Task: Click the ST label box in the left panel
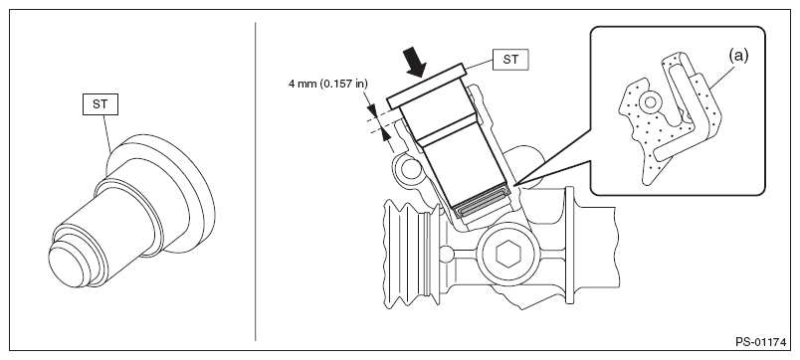100,104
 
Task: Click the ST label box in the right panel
510,59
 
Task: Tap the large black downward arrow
415,62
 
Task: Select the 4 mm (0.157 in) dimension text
327,84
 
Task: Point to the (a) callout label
738,56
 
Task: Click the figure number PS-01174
760,342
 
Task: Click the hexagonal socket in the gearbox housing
507,254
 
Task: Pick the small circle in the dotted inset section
650,103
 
